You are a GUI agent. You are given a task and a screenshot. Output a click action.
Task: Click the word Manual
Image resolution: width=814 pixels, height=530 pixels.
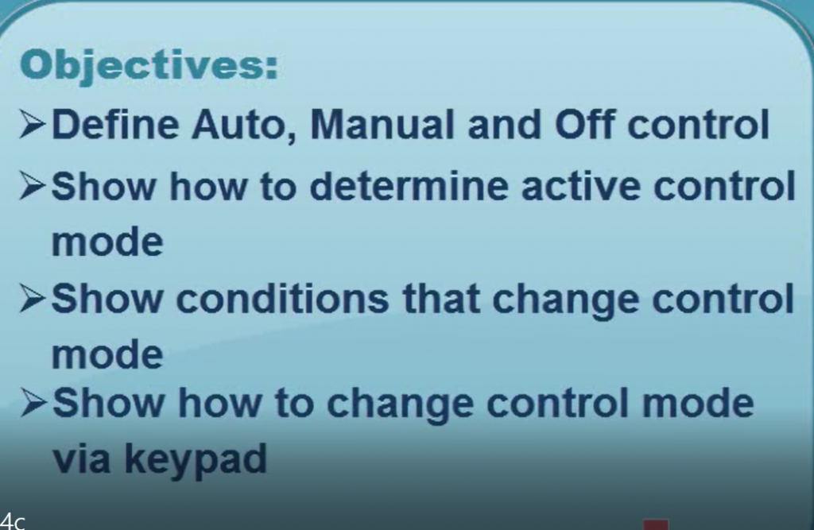[382, 125]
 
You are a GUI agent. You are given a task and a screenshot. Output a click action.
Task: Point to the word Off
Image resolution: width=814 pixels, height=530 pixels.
[585, 125]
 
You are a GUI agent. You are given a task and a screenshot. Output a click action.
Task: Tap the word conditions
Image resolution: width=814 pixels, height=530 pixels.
[282, 299]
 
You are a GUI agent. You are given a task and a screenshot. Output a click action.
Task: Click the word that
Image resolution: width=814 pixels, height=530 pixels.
[440, 299]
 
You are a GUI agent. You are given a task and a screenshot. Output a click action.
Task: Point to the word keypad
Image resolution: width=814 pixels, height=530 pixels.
[196, 460]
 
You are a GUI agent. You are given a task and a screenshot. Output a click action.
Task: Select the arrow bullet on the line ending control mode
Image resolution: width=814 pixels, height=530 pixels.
[34, 404]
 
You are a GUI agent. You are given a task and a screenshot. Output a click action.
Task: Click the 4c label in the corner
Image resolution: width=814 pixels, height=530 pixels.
[12, 521]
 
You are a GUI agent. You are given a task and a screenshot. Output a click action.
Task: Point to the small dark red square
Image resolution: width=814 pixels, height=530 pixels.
[655, 524]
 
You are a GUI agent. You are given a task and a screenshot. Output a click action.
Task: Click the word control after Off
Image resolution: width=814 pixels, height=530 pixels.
[698, 125]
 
